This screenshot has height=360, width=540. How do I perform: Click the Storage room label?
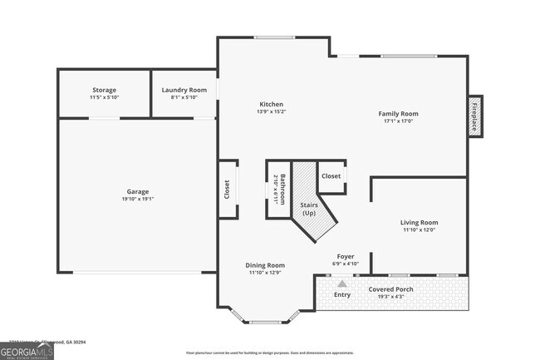[x=104, y=90]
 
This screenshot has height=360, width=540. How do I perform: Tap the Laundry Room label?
[x=184, y=90]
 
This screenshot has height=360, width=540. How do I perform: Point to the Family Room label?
[x=398, y=113]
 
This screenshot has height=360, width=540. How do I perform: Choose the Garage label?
[x=138, y=192]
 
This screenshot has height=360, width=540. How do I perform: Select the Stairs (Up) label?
[x=307, y=208]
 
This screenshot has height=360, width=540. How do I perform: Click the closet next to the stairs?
[x=331, y=176]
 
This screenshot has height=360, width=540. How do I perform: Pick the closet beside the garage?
[x=227, y=190]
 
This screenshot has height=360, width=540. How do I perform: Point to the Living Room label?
[x=419, y=222]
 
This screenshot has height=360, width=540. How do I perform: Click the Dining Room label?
[x=266, y=265]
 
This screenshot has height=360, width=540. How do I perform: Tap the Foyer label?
[x=346, y=256]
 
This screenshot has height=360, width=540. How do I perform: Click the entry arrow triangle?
[x=341, y=284]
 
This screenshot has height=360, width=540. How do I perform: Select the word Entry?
[x=342, y=294]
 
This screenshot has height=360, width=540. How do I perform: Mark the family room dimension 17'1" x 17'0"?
[x=398, y=121]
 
